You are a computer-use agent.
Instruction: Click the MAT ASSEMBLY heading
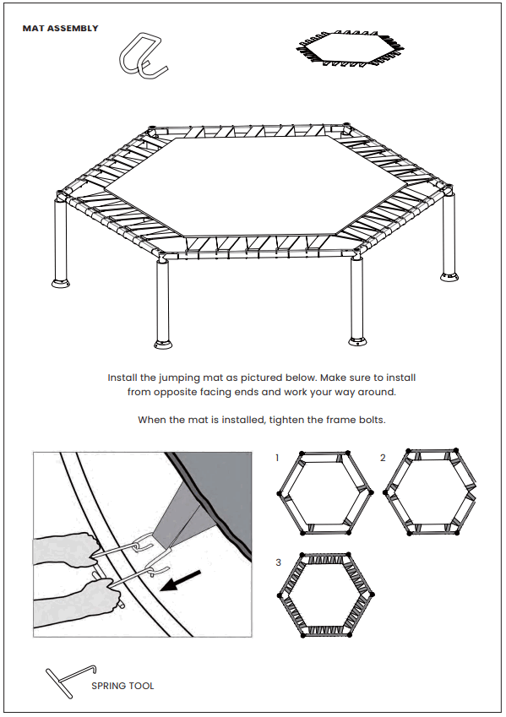coord(60,29)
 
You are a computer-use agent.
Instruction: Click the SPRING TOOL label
coord(122,686)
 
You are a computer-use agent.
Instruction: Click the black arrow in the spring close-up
coord(181,580)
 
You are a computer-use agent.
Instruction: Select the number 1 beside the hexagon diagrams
coord(277,458)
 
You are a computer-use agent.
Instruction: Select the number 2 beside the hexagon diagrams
coord(383,458)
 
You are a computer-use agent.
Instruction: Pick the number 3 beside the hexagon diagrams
coord(278,562)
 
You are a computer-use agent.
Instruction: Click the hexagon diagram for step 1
coord(325,493)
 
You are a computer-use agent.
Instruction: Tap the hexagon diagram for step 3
coord(325,595)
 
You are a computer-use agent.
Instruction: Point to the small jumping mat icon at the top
coord(351,48)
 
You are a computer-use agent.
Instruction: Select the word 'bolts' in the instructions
coord(373,420)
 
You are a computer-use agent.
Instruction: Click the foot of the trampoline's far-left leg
coord(61,283)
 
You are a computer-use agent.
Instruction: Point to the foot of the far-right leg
coord(449,276)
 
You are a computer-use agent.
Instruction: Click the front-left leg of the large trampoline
coord(163,301)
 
